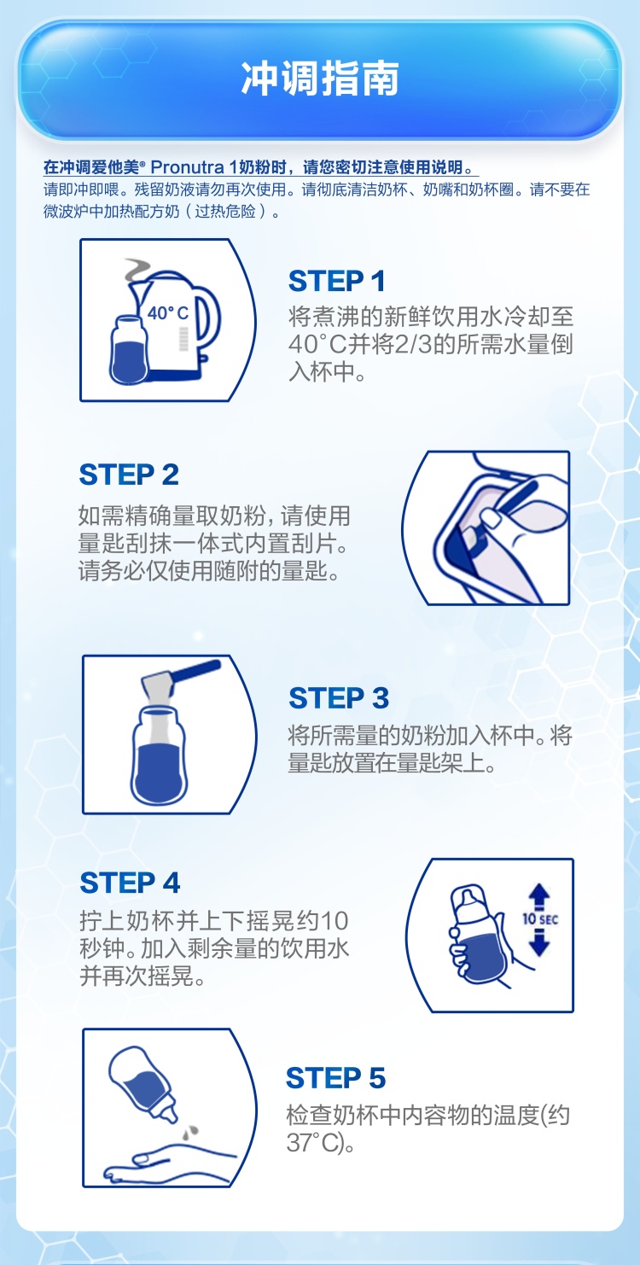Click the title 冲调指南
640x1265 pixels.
click(320, 79)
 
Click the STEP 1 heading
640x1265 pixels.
click(337, 281)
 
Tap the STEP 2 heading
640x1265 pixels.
click(129, 475)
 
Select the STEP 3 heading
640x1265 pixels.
click(339, 698)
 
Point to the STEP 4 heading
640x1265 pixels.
click(130, 883)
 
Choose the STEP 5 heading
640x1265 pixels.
click(336, 1078)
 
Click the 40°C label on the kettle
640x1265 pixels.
click(167, 313)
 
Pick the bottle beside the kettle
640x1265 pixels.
click(129, 350)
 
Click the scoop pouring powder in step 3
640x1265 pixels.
click(181, 678)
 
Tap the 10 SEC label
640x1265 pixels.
click(540, 919)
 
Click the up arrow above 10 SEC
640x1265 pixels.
click(540, 895)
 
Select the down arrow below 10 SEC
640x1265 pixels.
click(540, 942)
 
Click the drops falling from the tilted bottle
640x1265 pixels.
click(190, 1131)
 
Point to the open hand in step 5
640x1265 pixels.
click(164, 1163)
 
